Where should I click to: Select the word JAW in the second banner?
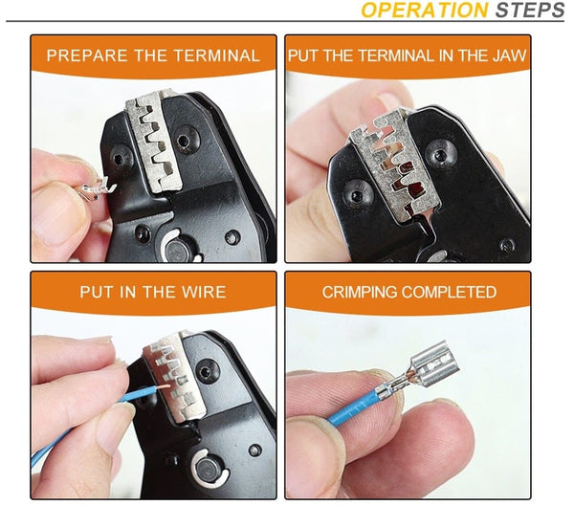coord(507,55)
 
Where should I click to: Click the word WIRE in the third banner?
coord(204,292)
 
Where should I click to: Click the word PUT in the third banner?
coord(97,292)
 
